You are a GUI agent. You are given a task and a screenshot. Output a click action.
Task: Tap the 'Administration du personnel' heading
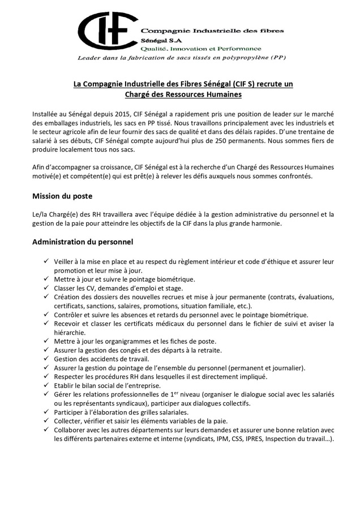(x=83, y=242)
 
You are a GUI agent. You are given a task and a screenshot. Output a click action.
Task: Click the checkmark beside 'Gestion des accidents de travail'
(x=46, y=359)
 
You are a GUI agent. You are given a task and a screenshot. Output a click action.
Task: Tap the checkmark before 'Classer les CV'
(x=46, y=288)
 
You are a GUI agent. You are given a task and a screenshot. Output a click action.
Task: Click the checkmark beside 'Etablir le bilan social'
(x=46, y=385)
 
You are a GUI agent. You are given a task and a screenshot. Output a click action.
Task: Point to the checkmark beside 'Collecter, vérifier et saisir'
(x=46, y=421)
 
